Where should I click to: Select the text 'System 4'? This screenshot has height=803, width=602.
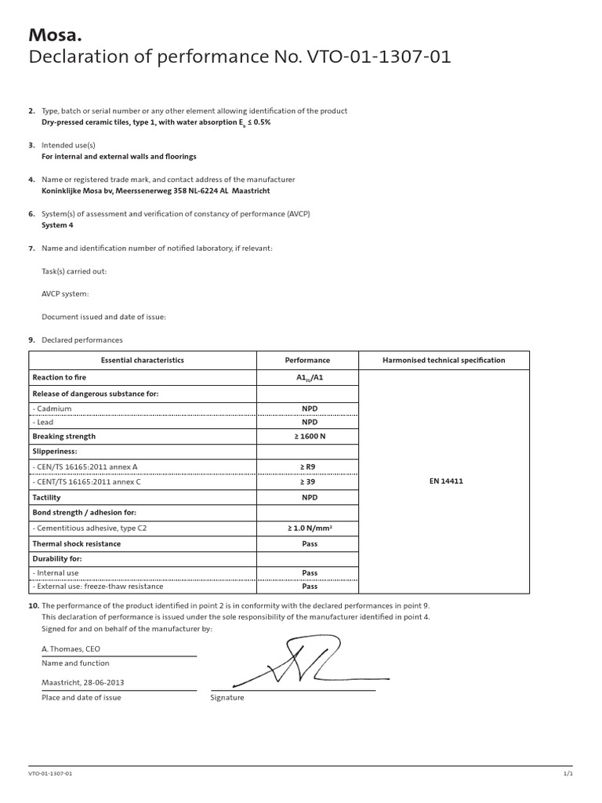coord(57,225)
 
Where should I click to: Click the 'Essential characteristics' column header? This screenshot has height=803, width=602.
coord(143,361)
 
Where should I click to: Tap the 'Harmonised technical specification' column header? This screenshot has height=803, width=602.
coord(444,361)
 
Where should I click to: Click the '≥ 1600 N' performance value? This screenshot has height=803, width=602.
coord(307,437)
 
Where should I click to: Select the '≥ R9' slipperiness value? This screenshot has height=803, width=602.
coord(307,467)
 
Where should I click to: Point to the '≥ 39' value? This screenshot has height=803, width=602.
coord(307,481)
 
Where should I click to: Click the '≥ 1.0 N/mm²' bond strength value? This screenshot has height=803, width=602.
coord(307,529)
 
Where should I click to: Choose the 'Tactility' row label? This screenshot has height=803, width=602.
coord(46,497)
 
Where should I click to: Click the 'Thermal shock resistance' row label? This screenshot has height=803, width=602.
coord(76,543)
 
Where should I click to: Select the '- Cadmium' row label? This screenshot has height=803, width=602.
coord(52,409)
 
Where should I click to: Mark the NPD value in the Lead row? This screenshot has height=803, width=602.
coord(307,422)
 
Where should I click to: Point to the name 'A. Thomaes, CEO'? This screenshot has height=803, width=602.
coord(71,649)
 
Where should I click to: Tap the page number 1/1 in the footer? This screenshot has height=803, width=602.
coord(568,774)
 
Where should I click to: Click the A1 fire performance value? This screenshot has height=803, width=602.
coord(307,378)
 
